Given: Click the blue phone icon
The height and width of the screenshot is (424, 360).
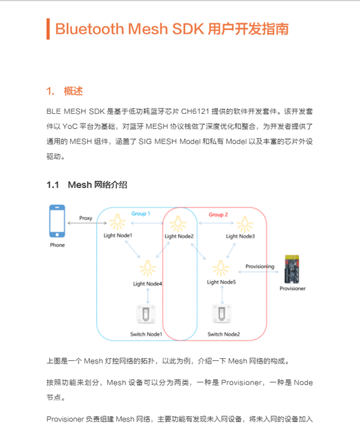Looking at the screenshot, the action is pyautogui.click(x=57, y=221).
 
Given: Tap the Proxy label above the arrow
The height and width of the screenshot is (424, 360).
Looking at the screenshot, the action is pyautogui.click(x=86, y=219).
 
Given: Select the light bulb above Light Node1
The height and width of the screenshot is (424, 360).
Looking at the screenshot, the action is pyautogui.click(x=118, y=222).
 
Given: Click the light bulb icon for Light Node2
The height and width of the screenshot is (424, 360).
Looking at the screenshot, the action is pyautogui.click(x=178, y=224).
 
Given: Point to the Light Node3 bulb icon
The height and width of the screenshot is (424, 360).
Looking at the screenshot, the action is pyautogui.click(x=244, y=224).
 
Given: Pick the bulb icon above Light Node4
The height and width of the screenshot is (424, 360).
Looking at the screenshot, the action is pyautogui.click(x=148, y=268).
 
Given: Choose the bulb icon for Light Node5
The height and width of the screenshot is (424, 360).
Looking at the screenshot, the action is pyautogui.click(x=221, y=268).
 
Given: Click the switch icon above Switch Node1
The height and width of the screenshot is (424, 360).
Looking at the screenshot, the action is pyautogui.click(x=146, y=314).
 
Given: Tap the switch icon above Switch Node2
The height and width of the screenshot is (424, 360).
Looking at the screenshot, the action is pyautogui.click(x=222, y=313).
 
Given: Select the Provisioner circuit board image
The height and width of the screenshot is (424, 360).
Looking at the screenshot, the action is pyautogui.click(x=292, y=269).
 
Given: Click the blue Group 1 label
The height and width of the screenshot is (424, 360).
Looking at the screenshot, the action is pyautogui.click(x=141, y=213).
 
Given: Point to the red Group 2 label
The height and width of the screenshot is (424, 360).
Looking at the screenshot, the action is pyautogui.click(x=218, y=215).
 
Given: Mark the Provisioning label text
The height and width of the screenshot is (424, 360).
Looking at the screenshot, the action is pyautogui.click(x=260, y=267).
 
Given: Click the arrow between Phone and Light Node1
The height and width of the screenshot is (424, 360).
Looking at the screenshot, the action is pyautogui.click(x=87, y=223).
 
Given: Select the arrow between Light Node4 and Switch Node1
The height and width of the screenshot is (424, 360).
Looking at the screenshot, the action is pyautogui.click(x=148, y=296).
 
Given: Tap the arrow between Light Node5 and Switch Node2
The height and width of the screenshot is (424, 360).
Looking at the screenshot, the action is pyautogui.click(x=222, y=295).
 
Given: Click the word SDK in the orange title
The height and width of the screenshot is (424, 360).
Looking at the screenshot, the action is pyautogui.click(x=188, y=29).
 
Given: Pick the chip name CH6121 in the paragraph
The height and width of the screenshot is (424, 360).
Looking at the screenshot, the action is pyautogui.click(x=195, y=111).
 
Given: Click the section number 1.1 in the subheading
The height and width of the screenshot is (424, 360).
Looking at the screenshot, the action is pyautogui.click(x=53, y=185).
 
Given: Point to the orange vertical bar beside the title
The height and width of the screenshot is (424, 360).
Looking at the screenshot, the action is pyautogui.click(x=48, y=29).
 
